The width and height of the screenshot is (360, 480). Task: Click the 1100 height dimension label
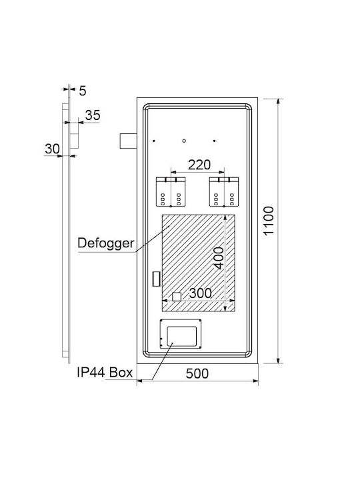point(269,221)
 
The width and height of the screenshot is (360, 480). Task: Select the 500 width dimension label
point(197,373)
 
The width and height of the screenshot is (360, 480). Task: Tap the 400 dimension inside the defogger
point(219,258)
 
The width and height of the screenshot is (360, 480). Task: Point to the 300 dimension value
point(200,293)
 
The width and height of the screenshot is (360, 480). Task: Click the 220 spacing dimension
point(199,165)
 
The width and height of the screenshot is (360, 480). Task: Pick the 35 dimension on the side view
point(93,115)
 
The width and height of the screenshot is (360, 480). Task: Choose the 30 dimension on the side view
point(53,149)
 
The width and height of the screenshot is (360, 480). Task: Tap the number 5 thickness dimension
point(83,91)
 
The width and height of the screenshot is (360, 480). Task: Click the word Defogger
point(106,243)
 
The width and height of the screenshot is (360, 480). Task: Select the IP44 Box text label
point(105,372)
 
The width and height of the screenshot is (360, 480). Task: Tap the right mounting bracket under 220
point(224,191)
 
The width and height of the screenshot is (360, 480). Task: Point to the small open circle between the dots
point(184,141)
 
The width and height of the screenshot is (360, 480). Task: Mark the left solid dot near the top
point(154,141)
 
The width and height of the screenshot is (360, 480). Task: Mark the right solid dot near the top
point(214,141)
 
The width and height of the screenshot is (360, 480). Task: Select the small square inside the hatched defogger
point(177,297)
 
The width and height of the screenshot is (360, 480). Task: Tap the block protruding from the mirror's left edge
point(128,141)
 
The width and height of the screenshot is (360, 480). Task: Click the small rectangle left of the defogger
point(156,279)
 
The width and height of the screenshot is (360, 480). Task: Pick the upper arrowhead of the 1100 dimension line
point(278,102)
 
